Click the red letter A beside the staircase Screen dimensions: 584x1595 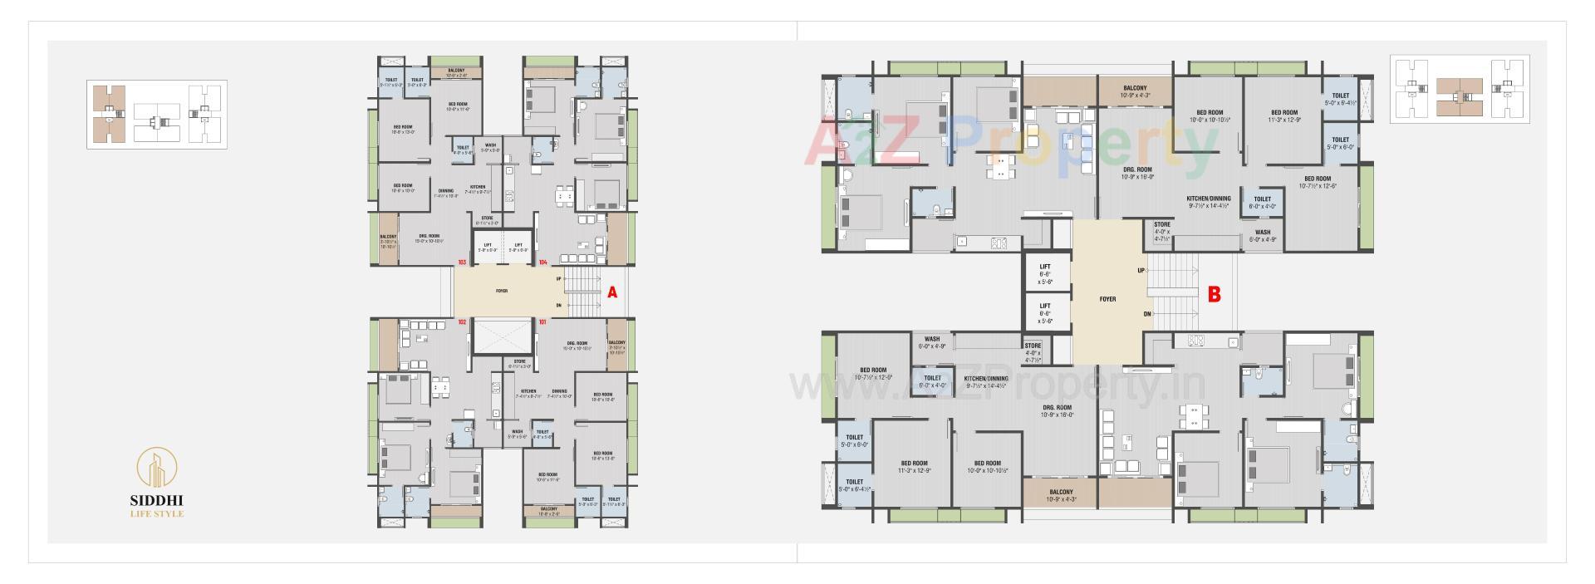tap(612, 292)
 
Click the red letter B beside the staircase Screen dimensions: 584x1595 tap(1214, 294)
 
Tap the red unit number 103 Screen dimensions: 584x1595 tap(461, 263)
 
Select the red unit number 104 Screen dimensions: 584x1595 tap(542, 263)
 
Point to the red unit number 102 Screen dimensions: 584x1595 tap(461, 321)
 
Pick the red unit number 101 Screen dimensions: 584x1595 tap(542, 321)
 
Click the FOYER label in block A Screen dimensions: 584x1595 tap(502, 292)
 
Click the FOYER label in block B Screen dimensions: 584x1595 tap(1107, 299)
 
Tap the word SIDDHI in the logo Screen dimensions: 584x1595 tap(157, 501)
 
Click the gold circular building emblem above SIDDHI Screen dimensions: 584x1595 tap(157, 469)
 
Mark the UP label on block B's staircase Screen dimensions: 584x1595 tap(1141, 271)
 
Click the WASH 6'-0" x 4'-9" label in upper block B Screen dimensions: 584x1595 tap(1263, 236)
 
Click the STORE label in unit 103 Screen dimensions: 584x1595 tap(487, 220)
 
